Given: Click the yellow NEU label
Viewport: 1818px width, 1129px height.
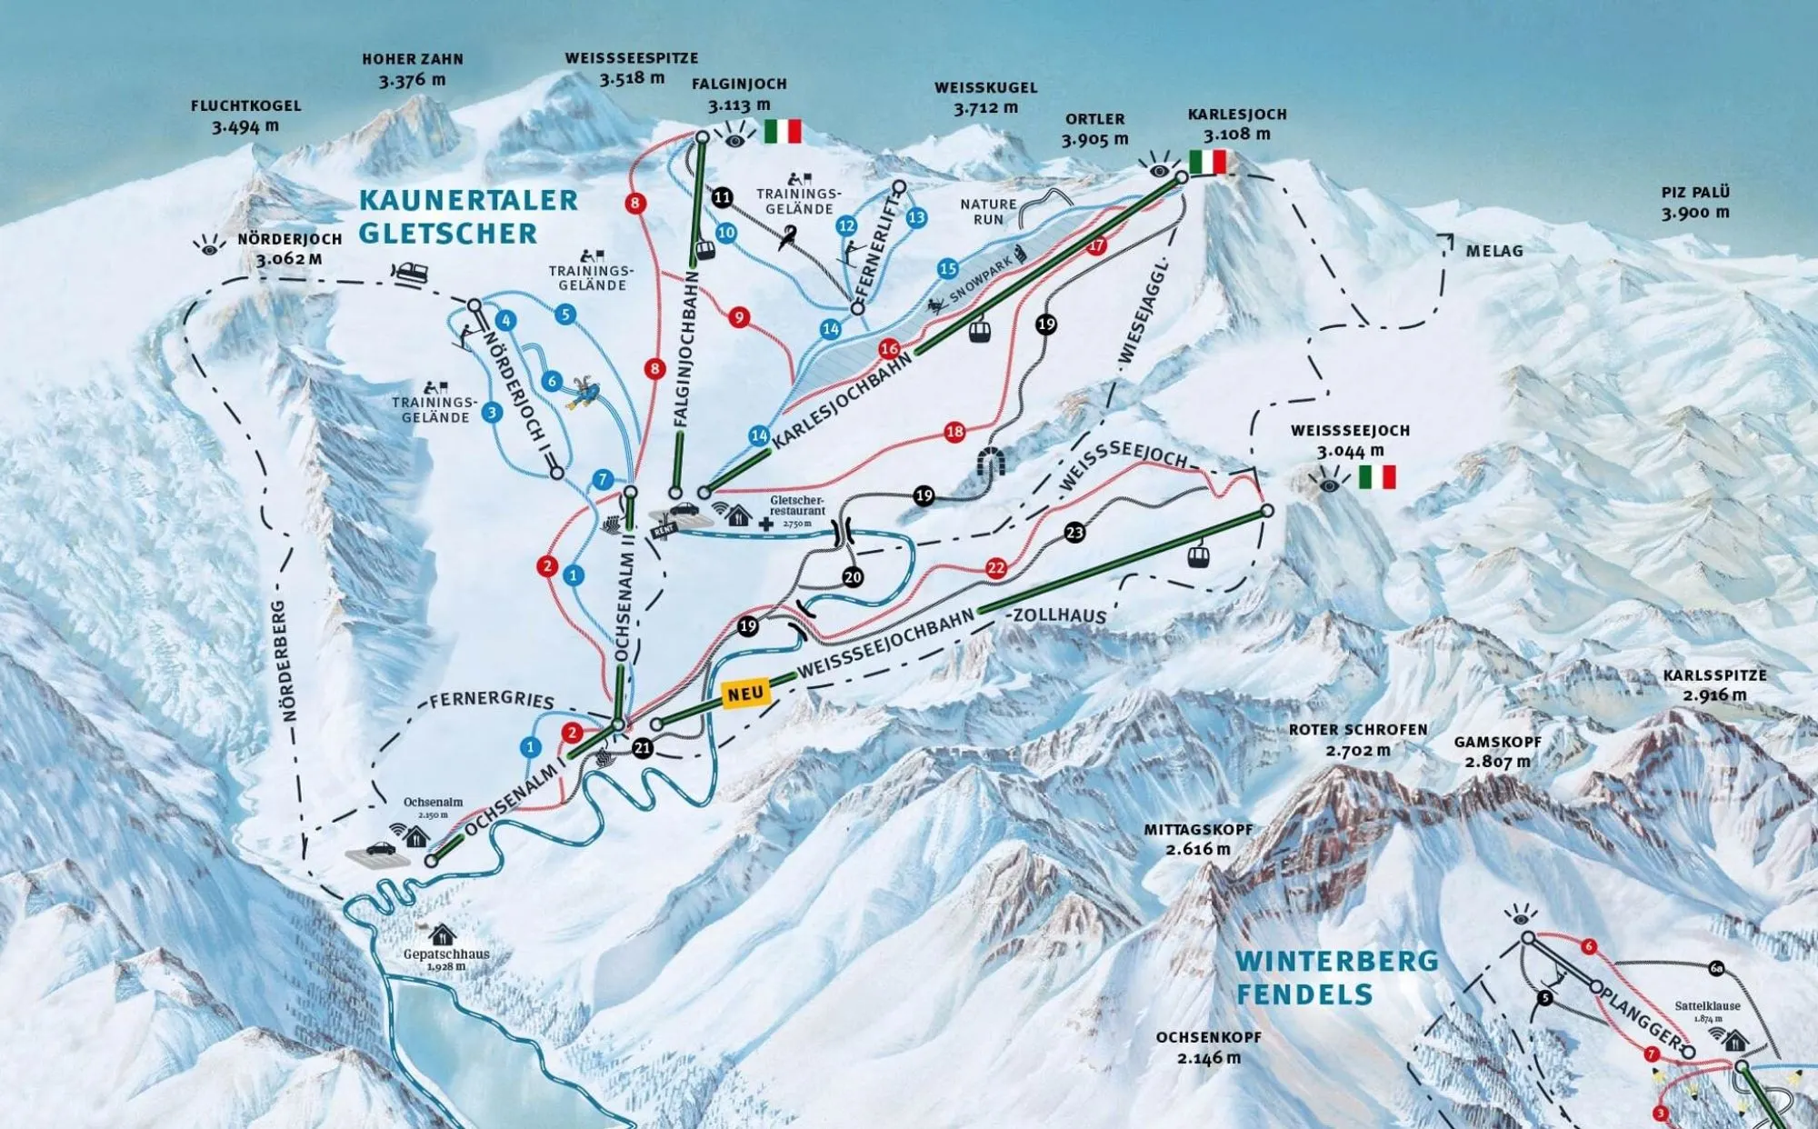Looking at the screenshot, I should (x=745, y=694).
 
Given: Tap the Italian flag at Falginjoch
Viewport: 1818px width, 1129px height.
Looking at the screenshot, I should (x=782, y=132).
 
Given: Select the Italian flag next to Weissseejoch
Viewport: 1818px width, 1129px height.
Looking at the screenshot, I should (x=1376, y=476).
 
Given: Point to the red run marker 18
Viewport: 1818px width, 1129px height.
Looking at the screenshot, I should (x=954, y=432).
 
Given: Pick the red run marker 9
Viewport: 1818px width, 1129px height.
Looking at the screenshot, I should (x=739, y=317).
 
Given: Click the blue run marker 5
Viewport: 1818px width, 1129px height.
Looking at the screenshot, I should (x=565, y=315).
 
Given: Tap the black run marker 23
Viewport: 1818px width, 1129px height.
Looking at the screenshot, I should (x=1074, y=532).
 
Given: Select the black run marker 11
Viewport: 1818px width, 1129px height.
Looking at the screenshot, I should (x=722, y=197).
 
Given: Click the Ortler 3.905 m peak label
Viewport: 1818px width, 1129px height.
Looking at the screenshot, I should (x=1094, y=129).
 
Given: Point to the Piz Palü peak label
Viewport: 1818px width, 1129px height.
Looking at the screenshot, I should (x=1695, y=202).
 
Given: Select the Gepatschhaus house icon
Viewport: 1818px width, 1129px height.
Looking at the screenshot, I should (x=442, y=934).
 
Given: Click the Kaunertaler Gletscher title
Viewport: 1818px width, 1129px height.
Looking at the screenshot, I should (x=467, y=216).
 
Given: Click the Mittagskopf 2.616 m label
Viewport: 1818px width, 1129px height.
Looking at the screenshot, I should (x=1198, y=839).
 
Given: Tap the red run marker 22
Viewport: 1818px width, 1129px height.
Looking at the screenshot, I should (x=996, y=568).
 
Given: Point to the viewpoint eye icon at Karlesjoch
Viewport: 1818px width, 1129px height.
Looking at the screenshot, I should (x=1158, y=167).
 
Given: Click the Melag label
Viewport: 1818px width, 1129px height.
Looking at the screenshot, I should (x=1493, y=251).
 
